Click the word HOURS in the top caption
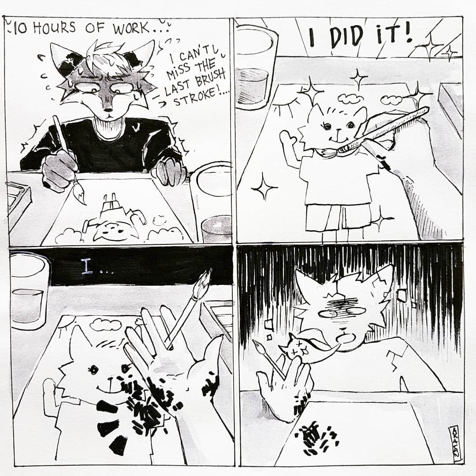pos(54,28)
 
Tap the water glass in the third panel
pos(29,292)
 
